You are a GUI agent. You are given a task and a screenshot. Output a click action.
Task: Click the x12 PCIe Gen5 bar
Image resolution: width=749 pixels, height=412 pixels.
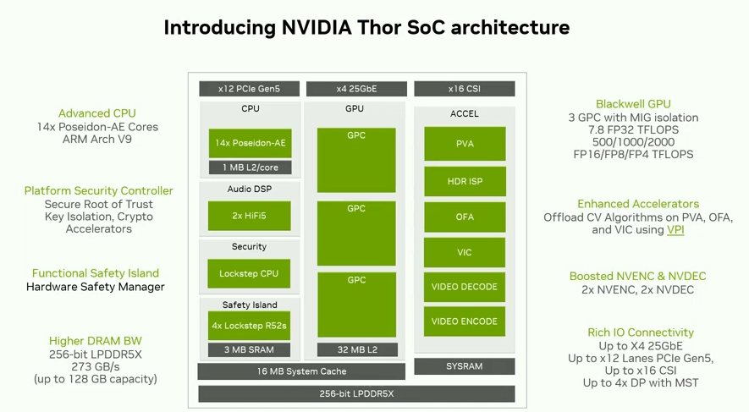click(x=249, y=89)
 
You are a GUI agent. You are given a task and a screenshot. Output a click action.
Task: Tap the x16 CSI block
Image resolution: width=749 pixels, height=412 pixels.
click(x=464, y=89)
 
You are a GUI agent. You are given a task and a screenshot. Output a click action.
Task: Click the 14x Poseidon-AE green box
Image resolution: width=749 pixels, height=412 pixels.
click(x=250, y=143)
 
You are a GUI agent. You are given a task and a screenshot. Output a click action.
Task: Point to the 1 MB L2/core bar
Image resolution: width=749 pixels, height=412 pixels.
click(x=250, y=168)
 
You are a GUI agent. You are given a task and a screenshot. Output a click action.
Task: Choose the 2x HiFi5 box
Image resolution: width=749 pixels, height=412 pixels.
click(x=250, y=216)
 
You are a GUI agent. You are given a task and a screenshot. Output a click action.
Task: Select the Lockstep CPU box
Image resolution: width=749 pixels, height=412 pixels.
click(x=250, y=274)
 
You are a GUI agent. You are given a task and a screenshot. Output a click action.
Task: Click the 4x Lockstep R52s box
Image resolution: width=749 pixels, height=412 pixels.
click(x=250, y=326)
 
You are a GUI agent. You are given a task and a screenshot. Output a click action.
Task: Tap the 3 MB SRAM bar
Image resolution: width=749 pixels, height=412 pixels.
click(x=250, y=349)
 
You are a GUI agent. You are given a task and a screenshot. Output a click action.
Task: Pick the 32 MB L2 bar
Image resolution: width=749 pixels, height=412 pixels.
click(x=355, y=349)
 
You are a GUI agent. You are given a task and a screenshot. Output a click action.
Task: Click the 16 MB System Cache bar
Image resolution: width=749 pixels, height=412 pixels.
click(x=302, y=371)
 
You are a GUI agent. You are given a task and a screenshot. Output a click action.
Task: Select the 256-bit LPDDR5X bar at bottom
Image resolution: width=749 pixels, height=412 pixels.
click(x=356, y=394)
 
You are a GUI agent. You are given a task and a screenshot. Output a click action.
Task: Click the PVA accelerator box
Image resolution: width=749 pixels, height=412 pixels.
click(x=465, y=144)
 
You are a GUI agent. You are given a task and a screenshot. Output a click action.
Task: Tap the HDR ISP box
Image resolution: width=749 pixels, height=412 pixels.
click(x=465, y=181)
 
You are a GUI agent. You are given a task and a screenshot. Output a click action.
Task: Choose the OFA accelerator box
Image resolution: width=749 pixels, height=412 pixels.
click(x=465, y=217)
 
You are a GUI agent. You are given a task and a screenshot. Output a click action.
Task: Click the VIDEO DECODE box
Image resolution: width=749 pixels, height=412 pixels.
click(x=465, y=287)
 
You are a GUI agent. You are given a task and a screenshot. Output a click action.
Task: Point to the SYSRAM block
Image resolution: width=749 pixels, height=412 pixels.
click(x=465, y=366)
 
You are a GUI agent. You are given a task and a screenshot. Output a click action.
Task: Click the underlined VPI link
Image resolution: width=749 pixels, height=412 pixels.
click(x=675, y=230)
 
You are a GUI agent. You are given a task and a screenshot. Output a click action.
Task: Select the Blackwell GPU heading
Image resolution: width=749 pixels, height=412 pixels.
click(x=633, y=104)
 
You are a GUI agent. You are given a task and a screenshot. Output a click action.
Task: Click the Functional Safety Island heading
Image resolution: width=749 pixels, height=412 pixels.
click(x=96, y=273)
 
